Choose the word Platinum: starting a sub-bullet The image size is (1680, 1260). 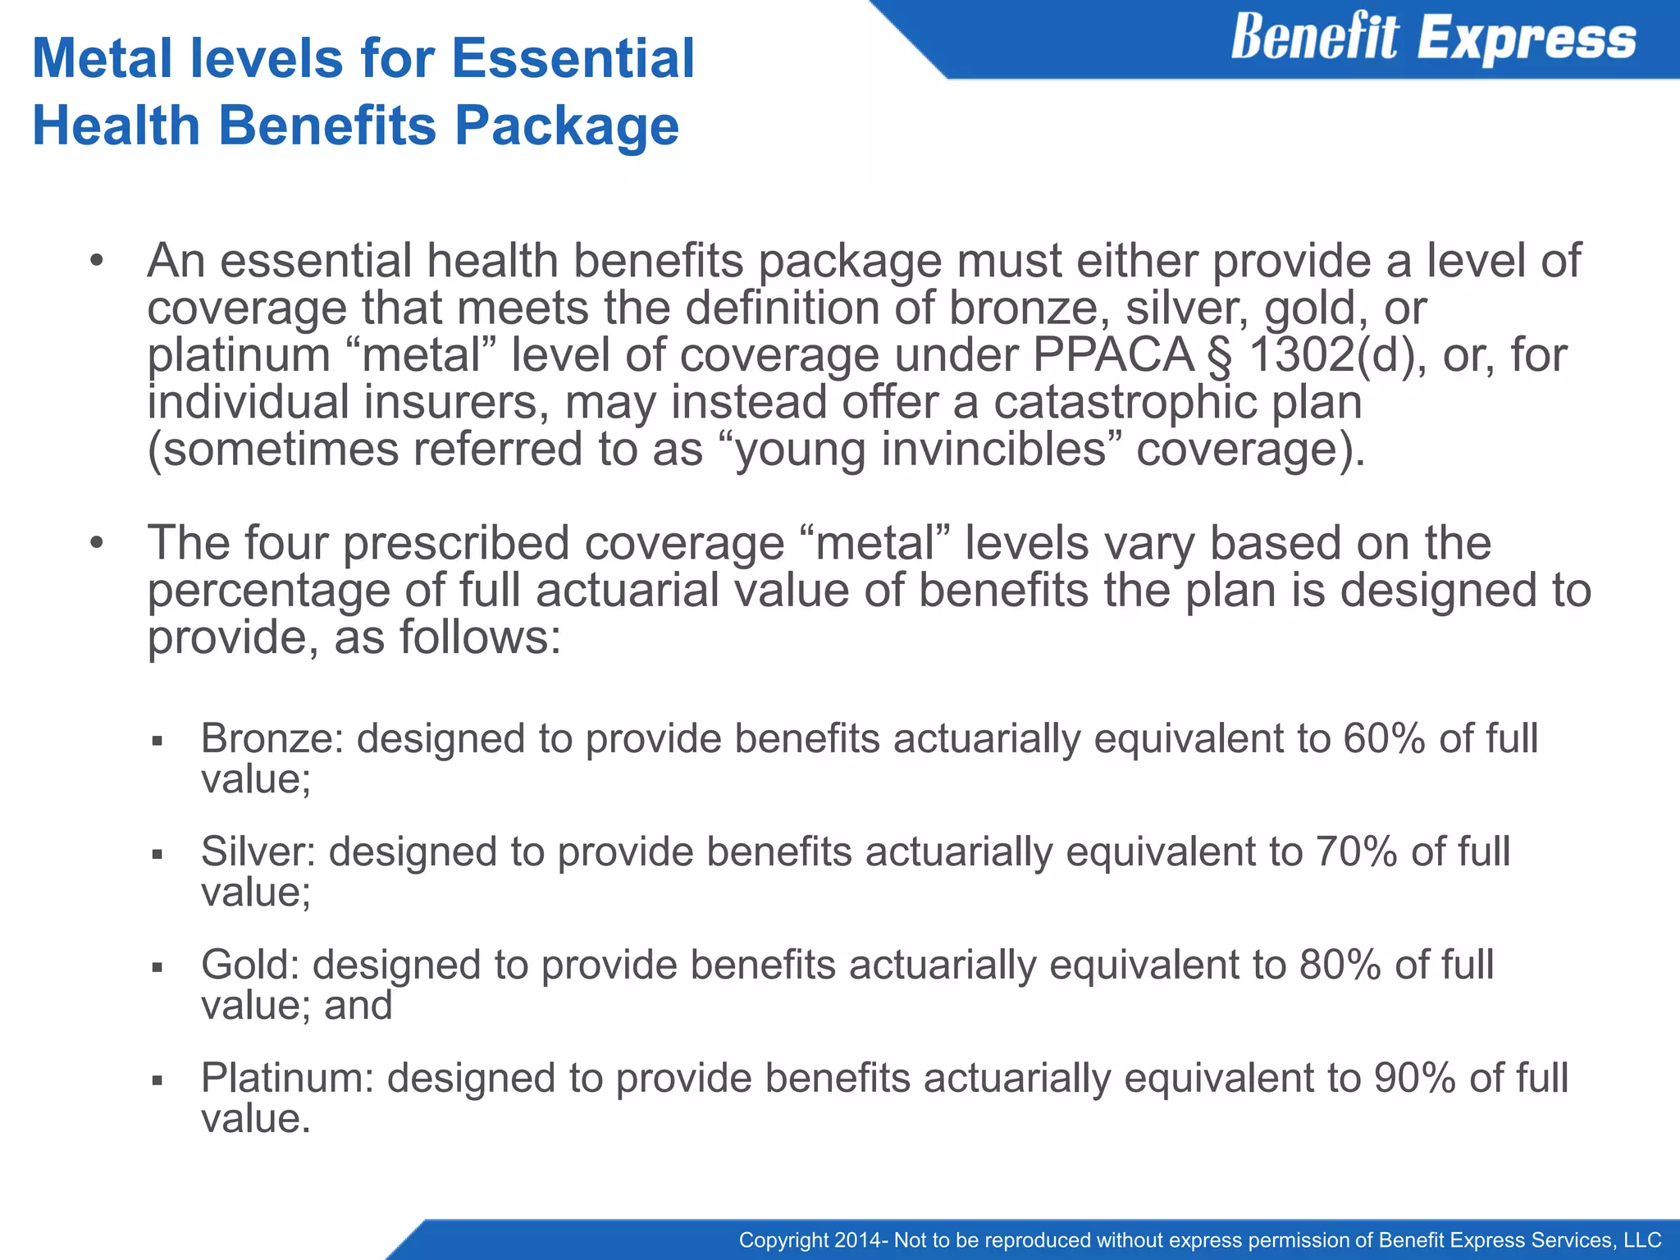[287, 1078]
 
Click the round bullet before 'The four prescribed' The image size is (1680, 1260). [97, 543]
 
